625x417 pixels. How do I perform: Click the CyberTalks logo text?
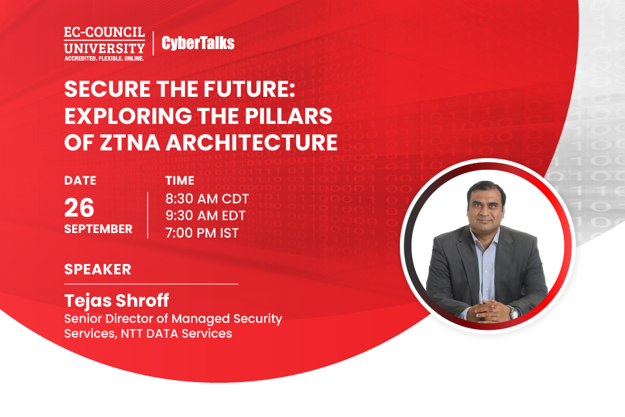(x=198, y=43)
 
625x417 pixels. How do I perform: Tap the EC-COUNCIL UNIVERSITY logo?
(x=104, y=43)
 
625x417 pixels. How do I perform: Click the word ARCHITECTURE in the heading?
(x=252, y=143)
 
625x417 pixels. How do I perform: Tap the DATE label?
(x=80, y=180)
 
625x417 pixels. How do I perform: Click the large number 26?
(x=79, y=207)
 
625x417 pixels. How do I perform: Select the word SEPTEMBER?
(x=99, y=229)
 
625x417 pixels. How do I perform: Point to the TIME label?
(x=180, y=180)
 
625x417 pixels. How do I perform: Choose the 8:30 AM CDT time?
(x=207, y=198)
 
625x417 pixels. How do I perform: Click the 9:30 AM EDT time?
(x=206, y=216)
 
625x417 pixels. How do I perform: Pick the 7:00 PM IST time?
(x=202, y=232)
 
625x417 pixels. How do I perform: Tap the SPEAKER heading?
(x=97, y=269)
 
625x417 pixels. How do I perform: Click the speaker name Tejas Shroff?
(x=117, y=300)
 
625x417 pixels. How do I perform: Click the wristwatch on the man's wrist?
(x=513, y=312)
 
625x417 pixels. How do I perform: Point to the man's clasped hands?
(x=489, y=310)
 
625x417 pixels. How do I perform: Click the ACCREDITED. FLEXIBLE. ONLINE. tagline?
(x=104, y=58)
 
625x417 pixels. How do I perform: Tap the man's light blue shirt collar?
(x=484, y=236)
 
